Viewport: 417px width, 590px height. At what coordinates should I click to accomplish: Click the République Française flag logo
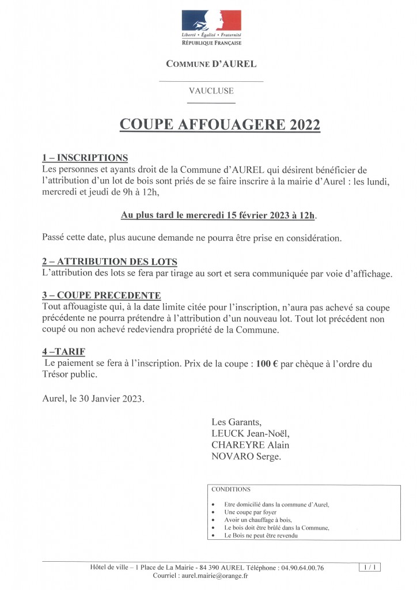(x=211, y=21)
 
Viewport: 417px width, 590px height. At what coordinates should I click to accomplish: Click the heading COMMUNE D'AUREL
(x=211, y=64)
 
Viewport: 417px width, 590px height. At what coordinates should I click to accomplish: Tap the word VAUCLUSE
(x=211, y=90)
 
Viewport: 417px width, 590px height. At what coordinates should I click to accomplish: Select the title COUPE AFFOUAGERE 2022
(x=219, y=125)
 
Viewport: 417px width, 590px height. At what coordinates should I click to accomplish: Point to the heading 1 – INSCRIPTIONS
(x=85, y=158)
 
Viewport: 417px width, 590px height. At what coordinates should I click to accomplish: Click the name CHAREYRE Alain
(x=251, y=444)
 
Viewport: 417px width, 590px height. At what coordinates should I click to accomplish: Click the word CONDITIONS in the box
(x=232, y=490)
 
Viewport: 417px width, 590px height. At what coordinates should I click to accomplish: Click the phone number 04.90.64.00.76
(x=302, y=568)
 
